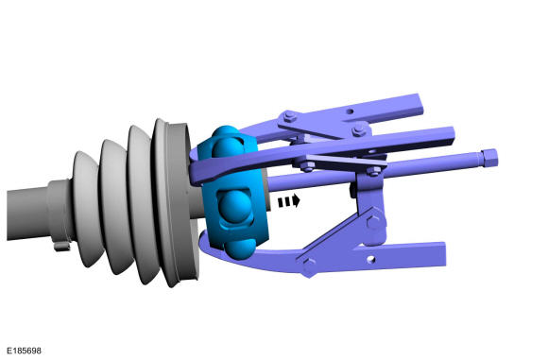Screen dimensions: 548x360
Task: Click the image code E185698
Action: click(24, 351)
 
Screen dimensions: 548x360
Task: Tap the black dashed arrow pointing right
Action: click(289, 201)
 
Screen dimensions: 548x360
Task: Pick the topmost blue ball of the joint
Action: click(226, 140)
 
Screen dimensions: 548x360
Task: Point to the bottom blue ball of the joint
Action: click(239, 249)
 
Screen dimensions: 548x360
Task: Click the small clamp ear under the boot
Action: click(61, 246)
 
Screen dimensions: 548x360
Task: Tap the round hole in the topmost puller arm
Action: click(350, 111)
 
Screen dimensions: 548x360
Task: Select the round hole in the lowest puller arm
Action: click(371, 259)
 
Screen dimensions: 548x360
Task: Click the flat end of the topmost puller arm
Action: click(420, 105)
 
